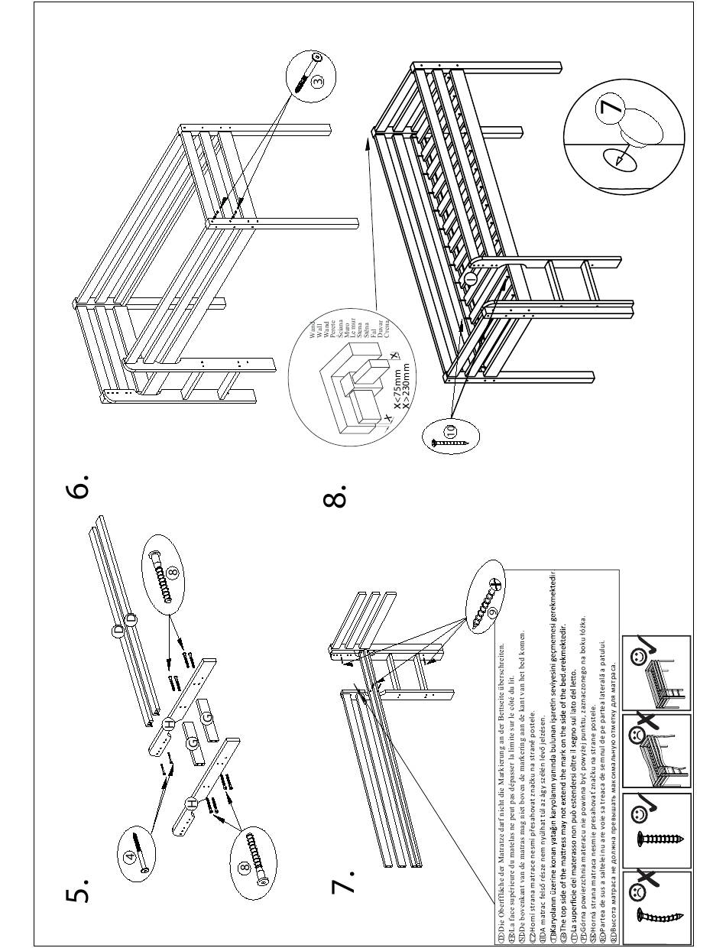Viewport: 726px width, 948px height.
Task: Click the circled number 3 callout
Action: (319, 79)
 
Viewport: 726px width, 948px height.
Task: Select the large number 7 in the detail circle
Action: (611, 106)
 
